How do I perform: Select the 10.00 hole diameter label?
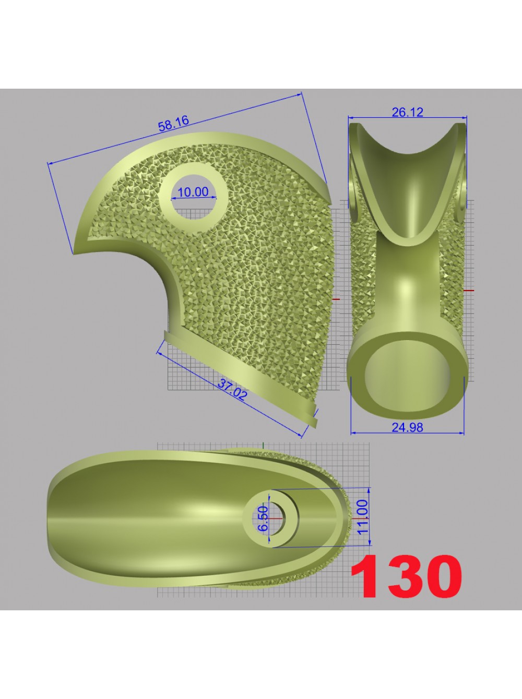[x=193, y=192]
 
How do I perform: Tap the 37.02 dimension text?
[x=232, y=390]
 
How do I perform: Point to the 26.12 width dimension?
[x=407, y=112]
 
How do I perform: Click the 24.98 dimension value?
[x=407, y=428]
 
